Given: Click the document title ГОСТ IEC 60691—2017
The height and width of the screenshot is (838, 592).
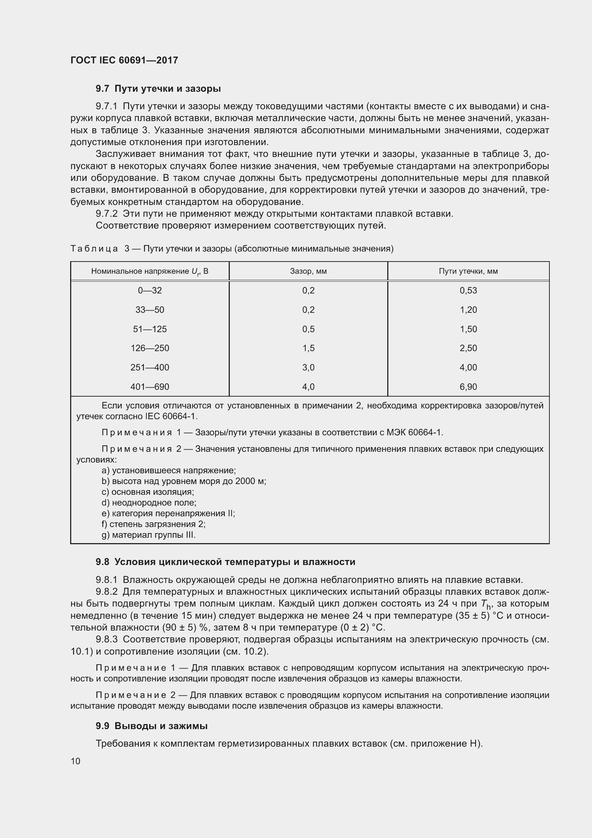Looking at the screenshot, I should click(x=124, y=60).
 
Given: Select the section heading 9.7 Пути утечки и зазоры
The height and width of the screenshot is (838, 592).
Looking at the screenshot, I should click(x=158, y=89).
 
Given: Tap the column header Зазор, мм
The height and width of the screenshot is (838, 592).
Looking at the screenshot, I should click(x=308, y=271).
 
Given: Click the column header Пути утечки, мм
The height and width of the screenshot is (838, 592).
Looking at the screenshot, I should click(x=468, y=271).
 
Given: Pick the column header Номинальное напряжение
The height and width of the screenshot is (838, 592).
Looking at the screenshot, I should click(x=150, y=271).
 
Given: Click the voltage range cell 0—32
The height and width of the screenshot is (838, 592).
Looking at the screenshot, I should click(x=150, y=291).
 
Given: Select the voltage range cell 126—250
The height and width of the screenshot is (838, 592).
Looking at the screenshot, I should click(x=150, y=348).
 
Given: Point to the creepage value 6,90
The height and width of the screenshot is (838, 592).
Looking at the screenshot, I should click(x=468, y=387).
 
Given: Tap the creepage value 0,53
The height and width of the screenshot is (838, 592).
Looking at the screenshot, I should click(x=468, y=291).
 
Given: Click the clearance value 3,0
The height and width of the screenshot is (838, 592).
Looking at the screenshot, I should click(x=308, y=368).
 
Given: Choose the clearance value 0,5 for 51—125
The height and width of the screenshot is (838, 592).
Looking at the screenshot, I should click(x=308, y=329).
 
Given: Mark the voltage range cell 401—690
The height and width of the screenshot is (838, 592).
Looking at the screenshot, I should click(x=150, y=387).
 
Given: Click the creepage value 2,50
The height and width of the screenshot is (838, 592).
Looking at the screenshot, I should click(x=468, y=348).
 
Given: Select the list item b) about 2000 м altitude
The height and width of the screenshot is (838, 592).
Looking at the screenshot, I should click(x=184, y=481).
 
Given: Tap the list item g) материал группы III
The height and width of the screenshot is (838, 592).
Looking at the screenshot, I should click(x=149, y=535).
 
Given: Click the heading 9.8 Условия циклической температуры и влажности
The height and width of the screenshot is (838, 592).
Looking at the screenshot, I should click(x=225, y=562).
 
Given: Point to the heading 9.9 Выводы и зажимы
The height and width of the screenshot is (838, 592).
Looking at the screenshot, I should click(x=152, y=726).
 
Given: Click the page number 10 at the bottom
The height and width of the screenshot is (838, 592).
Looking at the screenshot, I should click(x=76, y=761).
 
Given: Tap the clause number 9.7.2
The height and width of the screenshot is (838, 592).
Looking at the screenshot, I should click(x=106, y=214).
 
